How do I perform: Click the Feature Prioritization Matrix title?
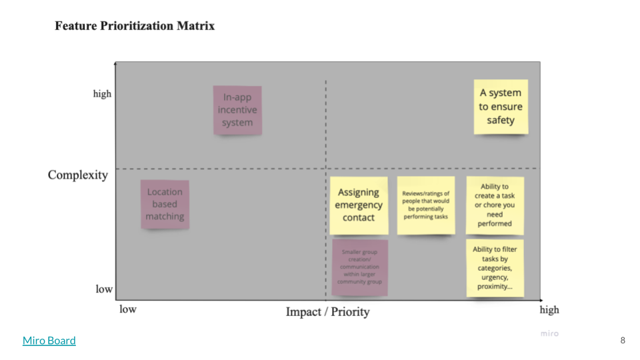(x=135, y=27)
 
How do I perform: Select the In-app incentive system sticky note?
(x=237, y=110)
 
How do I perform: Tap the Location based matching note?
(x=165, y=204)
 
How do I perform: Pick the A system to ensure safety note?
(x=501, y=107)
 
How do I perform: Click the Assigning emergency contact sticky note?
(x=359, y=205)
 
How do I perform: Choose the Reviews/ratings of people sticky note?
(x=426, y=205)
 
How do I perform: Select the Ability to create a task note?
(x=495, y=205)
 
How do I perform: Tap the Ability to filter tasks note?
(x=495, y=268)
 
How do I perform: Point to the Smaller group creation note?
(x=360, y=267)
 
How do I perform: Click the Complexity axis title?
(x=77, y=175)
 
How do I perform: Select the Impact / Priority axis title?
(x=327, y=311)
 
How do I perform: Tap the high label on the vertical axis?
(x=102, y=94)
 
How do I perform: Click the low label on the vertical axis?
(x=104, y=289)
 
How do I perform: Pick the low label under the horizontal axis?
(x=128, y=309)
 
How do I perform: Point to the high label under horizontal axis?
(x=549, y=309)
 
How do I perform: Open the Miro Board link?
(x=49, y=341)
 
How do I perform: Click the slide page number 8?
(x=623, y=341)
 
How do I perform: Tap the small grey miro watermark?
(x=549, y=333)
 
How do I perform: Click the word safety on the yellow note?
(x=501, y=120)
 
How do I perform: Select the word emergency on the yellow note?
(x=359, y=205)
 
